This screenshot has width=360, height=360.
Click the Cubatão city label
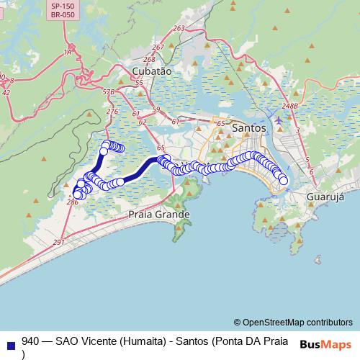pos(152,71)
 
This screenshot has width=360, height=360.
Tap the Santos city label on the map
pos(250,127)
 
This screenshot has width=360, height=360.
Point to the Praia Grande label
pos(158,215)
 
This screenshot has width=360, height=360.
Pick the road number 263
pos(179,28)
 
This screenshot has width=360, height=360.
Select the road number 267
pos(158,47)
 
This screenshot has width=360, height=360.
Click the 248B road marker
pos(290,107)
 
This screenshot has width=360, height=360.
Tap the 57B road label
pos(108,92)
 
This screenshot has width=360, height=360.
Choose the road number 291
pos(58,243)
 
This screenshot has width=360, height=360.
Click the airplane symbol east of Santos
pos(279,120)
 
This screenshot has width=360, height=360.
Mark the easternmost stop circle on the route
pos(284,181)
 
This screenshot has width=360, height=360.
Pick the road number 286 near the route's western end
pos(72,203)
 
